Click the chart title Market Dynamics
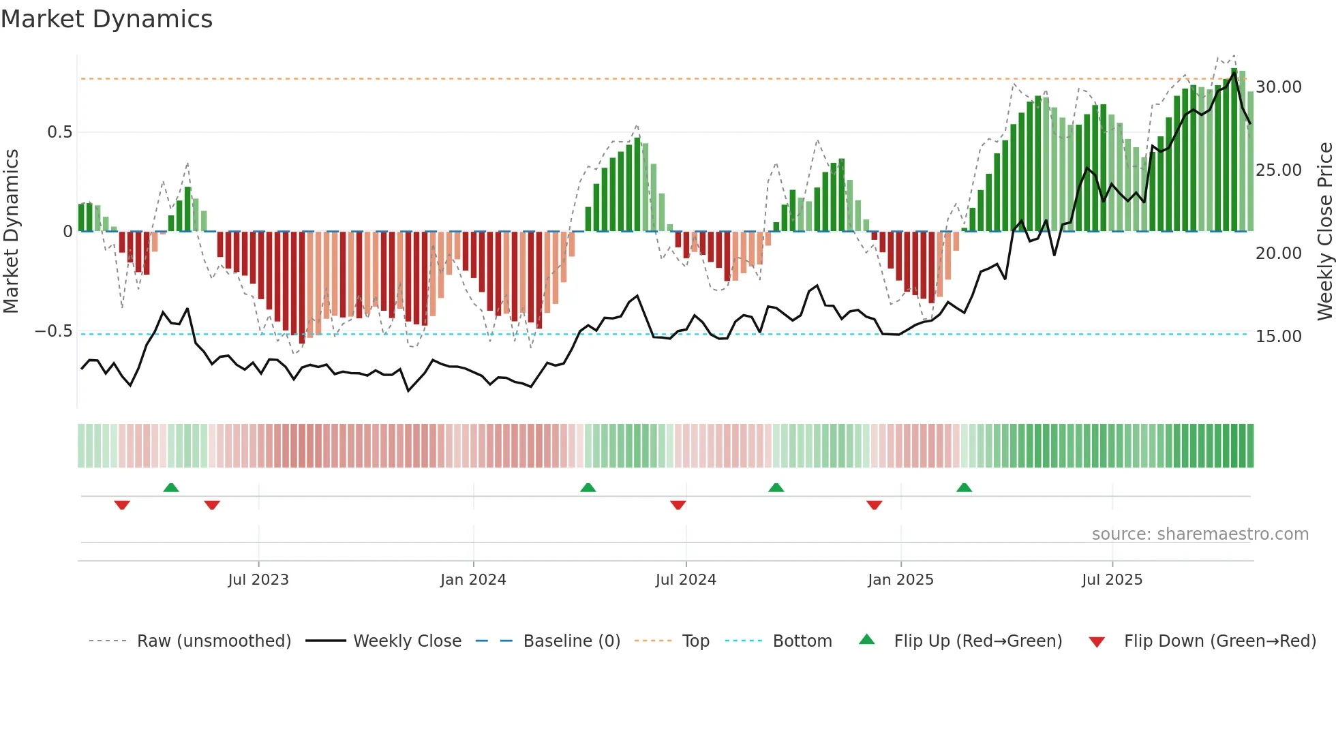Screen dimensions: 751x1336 pyautogui.click(x=106, y=19)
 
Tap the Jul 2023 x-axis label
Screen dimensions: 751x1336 pyautogui.click(x=258, y=580)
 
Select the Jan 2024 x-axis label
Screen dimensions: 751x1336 pyautogui.click(x=473, y=580)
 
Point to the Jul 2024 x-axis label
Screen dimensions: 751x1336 pyautogui.click(x=686, y=580)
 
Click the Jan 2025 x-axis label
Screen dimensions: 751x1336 pyautogui.click(x=900, y=580)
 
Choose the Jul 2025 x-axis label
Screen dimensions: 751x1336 pyautogui.click(x=1112, y=580)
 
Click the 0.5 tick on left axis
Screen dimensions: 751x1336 pyautogui.click(x=59, y=132)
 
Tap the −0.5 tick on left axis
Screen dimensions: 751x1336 pyautogui.click(x=53, y=332)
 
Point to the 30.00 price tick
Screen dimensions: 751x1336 pyautogui.click(x=1278, y=87)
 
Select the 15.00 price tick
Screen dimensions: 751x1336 pyautogui.click(x=1278, y=337)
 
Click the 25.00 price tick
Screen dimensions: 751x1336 pyautogui.click(x=1278, y=170)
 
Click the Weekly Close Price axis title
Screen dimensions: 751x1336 pyautogui.click(x=1324, y=232)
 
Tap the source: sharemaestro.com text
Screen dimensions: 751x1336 pyautogui.click(x=1200, y=534)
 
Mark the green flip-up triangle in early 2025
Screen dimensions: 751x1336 pyautogui.click(x=964, y=487)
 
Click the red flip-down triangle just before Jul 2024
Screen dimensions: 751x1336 pyautogui.click(x=678, y=505)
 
